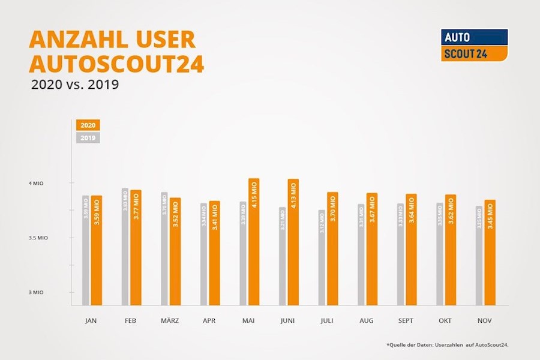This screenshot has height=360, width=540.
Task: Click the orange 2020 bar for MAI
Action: pyautogui.click(x=254, y=241)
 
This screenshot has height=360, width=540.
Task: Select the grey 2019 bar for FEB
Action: pyautogui.click(x=125, y=246)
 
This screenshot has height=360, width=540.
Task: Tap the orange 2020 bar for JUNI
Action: pyautogui.click(x=293, y=242)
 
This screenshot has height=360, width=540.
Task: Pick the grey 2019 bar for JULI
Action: pyautogui.click(x=322, y=257)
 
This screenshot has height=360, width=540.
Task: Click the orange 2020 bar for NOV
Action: pyautogui.click(x=490, y=252)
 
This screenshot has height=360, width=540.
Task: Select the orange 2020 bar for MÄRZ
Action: pyautogui.click(x=175, y=251)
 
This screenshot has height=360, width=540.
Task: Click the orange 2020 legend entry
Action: pyautogui.click(x=88, y=125)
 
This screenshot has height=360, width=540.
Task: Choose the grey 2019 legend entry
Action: pyautogui.click(x=88, y=138)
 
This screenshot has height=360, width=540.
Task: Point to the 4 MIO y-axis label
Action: pyautogui.click(x=37, y=183)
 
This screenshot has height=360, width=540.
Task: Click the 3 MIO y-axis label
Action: pyautogui.click(x=37, y=292)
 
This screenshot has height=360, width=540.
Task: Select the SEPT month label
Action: pyautogui.click(x=406, y=321)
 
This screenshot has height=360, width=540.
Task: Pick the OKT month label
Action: pyautogui.click(x=445, y=321)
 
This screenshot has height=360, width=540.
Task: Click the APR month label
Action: pyautogui.click(x=209, y=321)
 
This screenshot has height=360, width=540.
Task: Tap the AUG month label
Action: pyautogui.click(x=367, y=321)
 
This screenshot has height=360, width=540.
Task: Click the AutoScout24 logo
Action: pyautogui.click(x=474, y=45)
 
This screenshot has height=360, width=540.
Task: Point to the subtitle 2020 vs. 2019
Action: pyautogui.click(x=75, y=85)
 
